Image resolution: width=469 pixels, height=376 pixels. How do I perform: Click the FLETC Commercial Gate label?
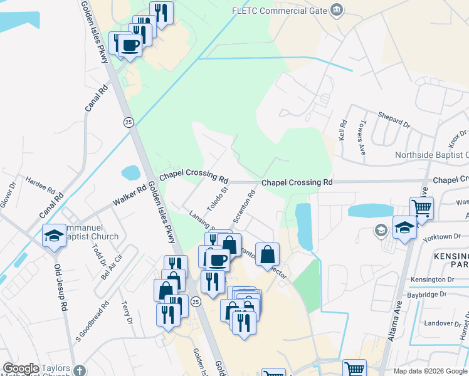tap(280, 11)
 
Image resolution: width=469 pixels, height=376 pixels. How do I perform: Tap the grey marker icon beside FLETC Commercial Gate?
tap(337, 9)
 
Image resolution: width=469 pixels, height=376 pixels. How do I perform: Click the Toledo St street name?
tap(219, 195)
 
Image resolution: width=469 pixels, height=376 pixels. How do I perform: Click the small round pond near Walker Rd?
tap(130, 172)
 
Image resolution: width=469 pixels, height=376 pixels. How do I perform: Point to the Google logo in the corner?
tap(21, 368)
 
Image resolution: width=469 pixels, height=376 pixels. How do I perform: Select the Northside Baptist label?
tap(431, 155)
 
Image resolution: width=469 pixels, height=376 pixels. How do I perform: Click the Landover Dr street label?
tap(443, 323)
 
